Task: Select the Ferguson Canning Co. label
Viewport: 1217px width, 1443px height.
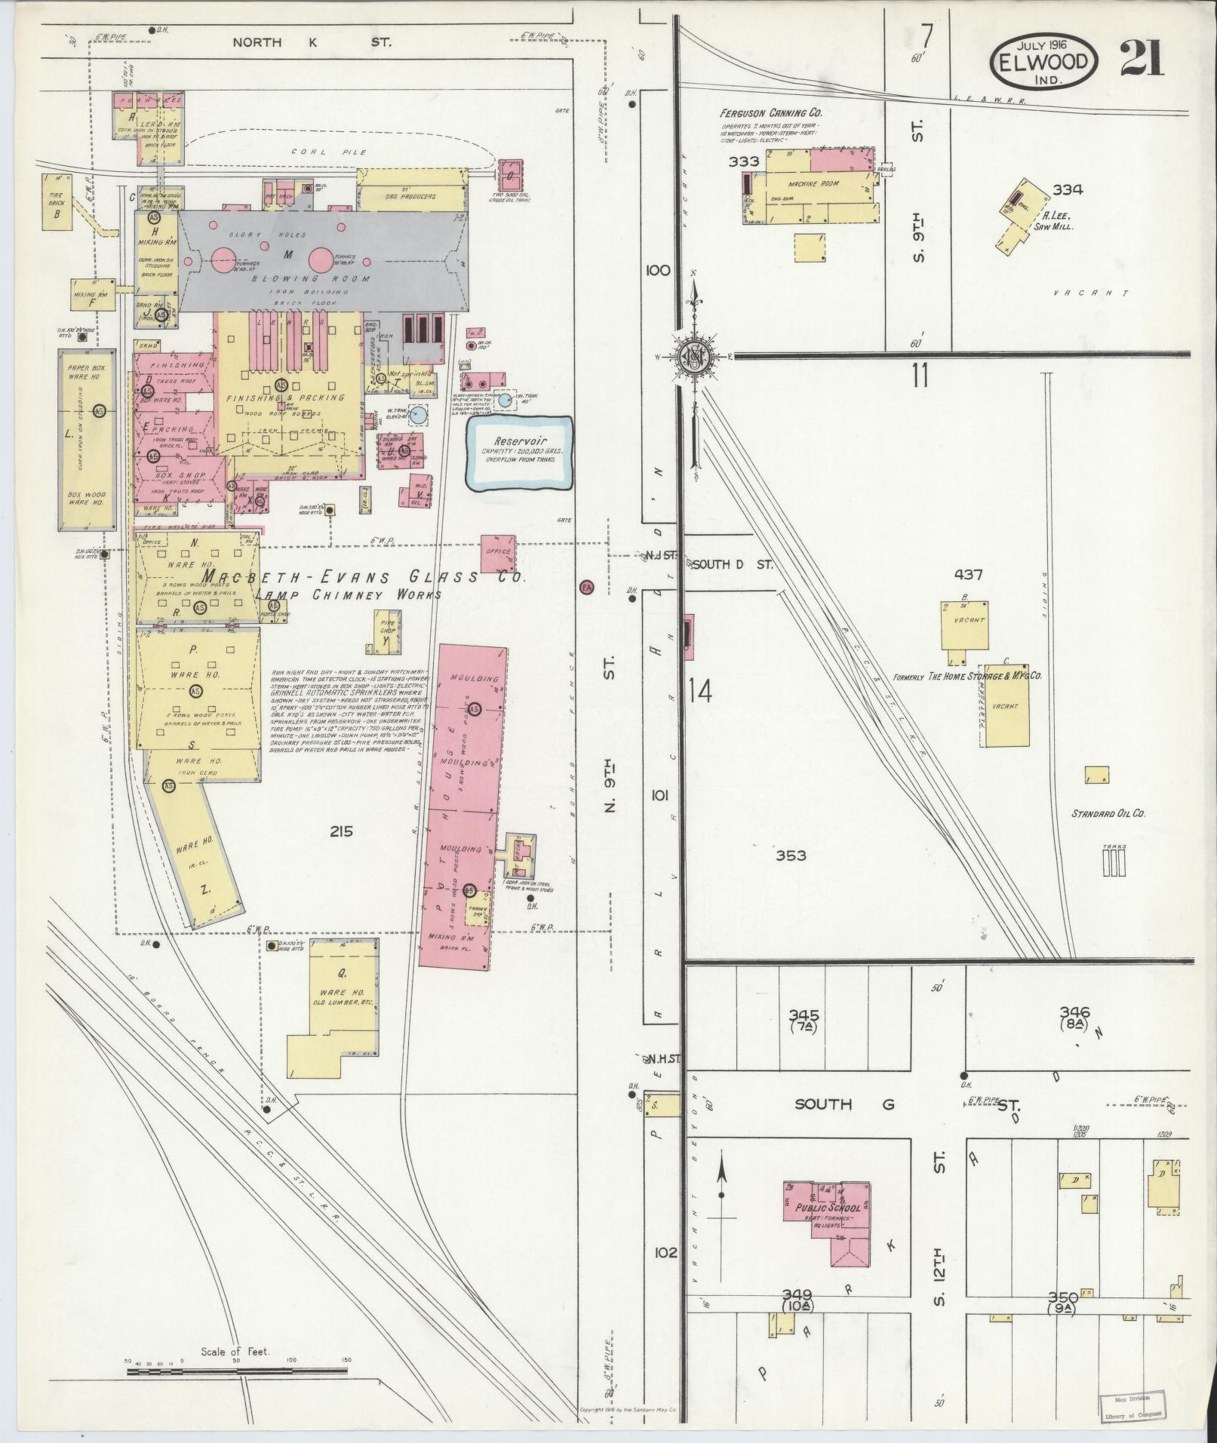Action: pyautogui.click(x=770, y=113)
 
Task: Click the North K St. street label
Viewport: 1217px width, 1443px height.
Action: pyautogui.click(x=311, y=42)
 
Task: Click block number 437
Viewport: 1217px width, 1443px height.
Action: pyautogui.click(x=967, y=575)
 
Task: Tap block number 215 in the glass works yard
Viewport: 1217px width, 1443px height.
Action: pyautogui.click(x=341, y=831)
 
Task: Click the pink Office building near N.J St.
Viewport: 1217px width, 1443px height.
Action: pyautogui.click(x=499, y=554)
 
